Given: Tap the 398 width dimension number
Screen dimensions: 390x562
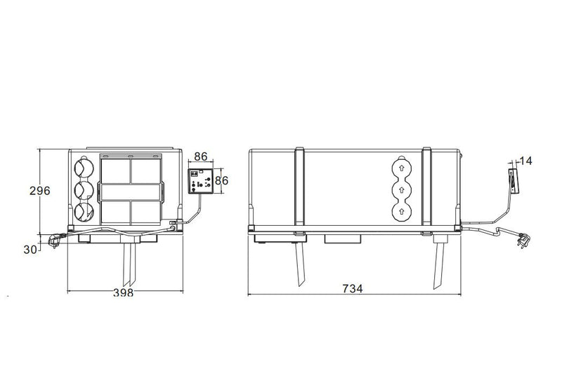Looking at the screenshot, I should point(123,293).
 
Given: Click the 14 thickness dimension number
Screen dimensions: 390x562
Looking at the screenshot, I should point(526,161).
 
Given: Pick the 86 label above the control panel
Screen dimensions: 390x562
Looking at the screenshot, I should point(200,157).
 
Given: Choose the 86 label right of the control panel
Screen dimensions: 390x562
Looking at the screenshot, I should point(222,180).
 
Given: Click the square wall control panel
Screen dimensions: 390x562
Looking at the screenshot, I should point(201,181).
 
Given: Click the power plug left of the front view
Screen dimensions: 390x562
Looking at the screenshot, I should point(53,241).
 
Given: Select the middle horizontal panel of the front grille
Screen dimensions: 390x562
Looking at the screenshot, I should point(131,191).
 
